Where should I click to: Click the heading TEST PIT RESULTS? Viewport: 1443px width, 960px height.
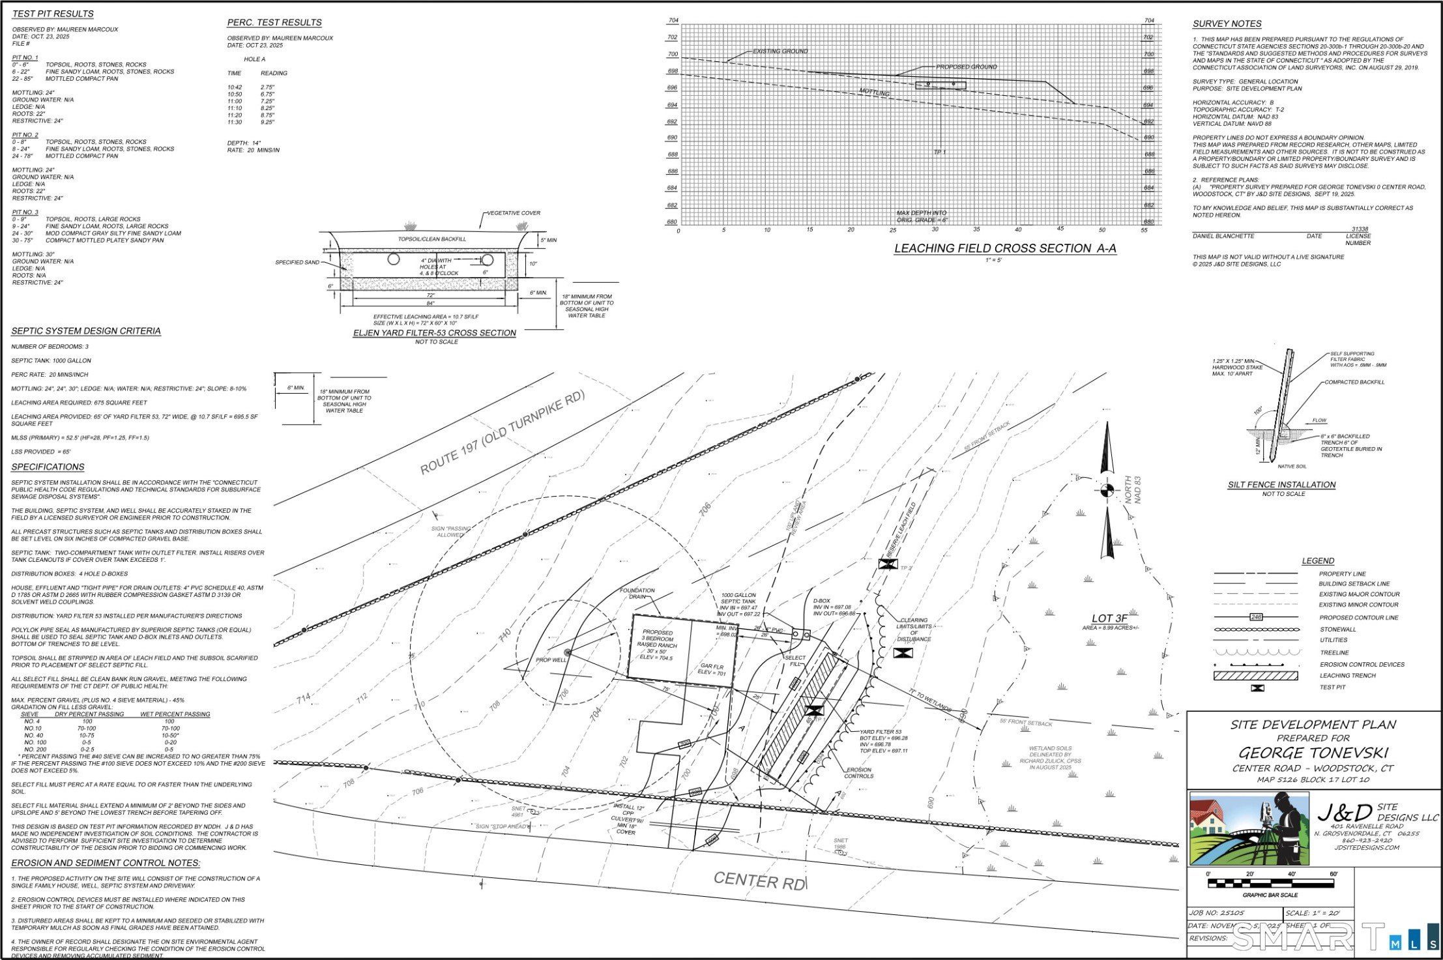click(53, 14)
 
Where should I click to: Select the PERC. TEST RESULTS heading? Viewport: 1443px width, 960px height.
click(274, 23)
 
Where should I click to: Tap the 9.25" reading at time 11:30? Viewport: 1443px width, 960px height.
click(267, 122)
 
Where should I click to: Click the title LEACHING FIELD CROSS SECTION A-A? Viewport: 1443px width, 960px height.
click(1005, 248)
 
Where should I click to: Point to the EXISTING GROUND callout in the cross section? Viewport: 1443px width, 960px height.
click(780, 51)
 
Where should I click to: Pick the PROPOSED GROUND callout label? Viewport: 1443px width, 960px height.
click(966, 66)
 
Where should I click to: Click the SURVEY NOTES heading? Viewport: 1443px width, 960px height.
click(1227, 24)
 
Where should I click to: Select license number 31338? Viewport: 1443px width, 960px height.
click(1360, 229)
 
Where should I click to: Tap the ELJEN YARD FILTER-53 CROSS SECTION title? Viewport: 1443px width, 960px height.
click(434, 333)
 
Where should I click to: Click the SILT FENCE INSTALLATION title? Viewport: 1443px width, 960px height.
click(1281, 485)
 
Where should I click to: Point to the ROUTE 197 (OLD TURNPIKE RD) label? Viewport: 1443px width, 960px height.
click(502, 432)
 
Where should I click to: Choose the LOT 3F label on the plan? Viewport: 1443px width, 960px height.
click(1109, 618)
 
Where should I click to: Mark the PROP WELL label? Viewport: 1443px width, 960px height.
click(551, 660)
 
